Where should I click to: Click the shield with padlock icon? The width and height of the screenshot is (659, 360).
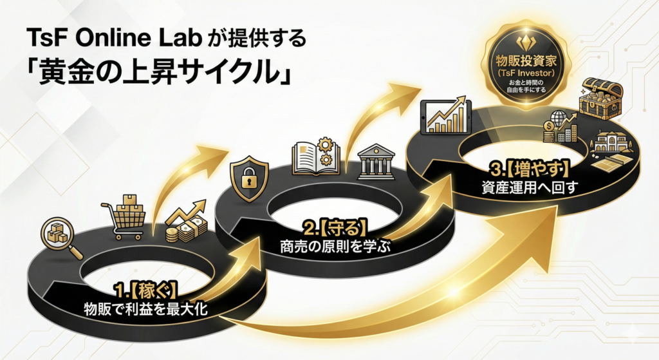[248, 176]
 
